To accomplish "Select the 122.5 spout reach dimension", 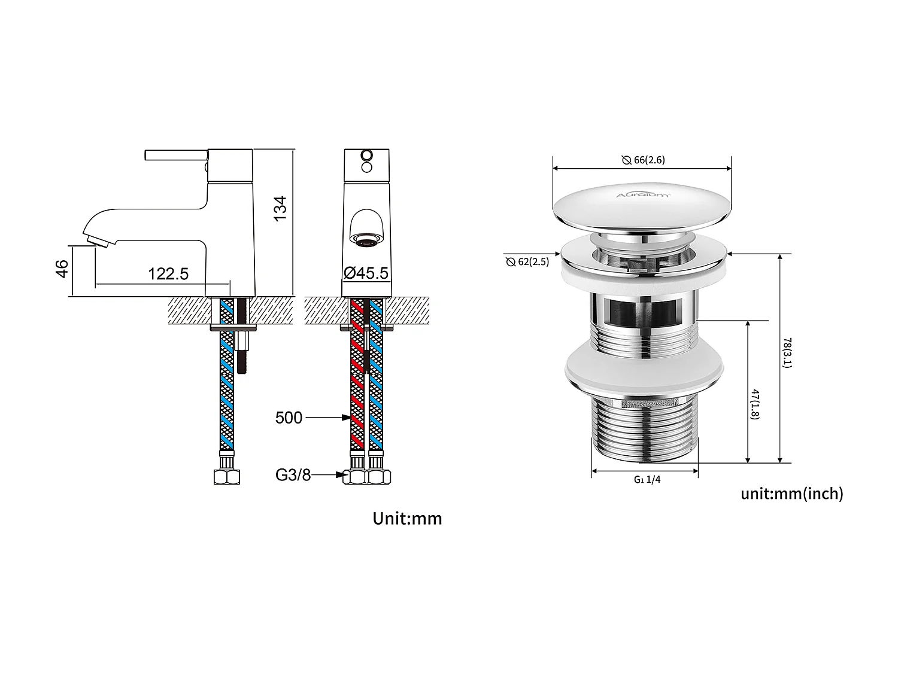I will point(168,274).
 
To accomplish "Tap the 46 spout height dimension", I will point(62,269).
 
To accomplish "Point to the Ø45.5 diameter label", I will point(366,273).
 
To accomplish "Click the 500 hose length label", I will point(289,418).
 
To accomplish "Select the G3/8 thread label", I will point(293,476).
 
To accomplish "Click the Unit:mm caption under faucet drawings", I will point(407,518).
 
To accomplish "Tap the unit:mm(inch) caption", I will point(791,494).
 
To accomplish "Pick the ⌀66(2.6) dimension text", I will point(643,160).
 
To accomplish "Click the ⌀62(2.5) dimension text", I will point(527,262).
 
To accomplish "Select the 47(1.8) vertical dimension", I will point(755,404).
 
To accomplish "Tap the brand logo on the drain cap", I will point(644,194).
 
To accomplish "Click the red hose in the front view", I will point(356,383).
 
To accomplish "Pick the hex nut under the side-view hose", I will point(227,477).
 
